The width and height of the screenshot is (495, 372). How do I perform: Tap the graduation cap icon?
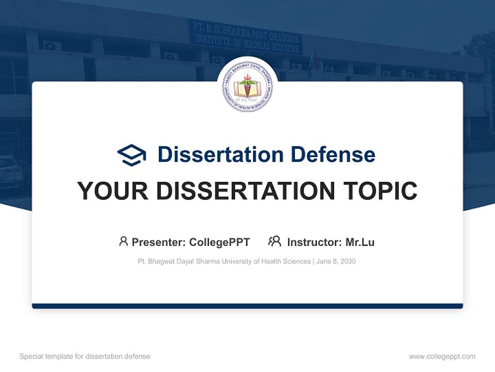coord(131,155)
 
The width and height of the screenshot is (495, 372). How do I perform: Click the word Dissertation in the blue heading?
coord(220,154)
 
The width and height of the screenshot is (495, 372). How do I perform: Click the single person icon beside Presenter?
coord(123,241)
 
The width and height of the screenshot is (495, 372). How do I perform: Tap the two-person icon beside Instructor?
coord(274,241)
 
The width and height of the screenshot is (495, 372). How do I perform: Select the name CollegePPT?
coord(220,242)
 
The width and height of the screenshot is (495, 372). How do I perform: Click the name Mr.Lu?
coord(360,242)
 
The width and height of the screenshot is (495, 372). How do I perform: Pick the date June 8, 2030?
coord(336,261)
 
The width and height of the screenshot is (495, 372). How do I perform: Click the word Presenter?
coord(159,242)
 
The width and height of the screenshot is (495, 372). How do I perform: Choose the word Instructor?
coord(314,242)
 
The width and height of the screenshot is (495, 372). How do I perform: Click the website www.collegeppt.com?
coord(442,357)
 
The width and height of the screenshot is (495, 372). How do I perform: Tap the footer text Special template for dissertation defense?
coord(85,357)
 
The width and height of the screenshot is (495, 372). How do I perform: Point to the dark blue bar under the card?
coord(247,306)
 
